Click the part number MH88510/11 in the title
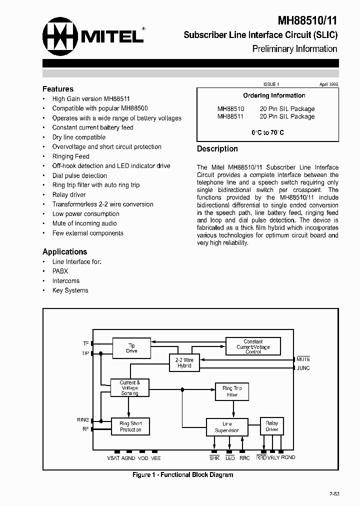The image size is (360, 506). click(307, 20)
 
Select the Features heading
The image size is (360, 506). click(58, 89)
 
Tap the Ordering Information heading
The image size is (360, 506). click(274, 95)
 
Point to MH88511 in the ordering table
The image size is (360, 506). click(230, 116)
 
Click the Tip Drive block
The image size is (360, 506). click(131, 348)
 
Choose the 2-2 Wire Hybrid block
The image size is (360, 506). click(184, 362)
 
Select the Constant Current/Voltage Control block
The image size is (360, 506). click(253, 346)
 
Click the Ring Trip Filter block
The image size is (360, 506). click(232, 391)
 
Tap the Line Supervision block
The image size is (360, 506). click(227, 427)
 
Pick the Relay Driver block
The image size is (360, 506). click(271, 426)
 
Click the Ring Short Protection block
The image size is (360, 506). click(130, 426)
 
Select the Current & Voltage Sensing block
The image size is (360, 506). click(130, 388)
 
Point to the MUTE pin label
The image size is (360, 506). click(303, 359)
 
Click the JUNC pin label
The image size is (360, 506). click(303, 368)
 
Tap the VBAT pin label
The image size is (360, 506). click(113, 458)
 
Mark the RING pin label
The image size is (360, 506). click(82, 420)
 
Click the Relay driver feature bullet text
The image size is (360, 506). click(69, 195)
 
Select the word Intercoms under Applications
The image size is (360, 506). click(66, 281)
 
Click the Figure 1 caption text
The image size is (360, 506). click(182, 475)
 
